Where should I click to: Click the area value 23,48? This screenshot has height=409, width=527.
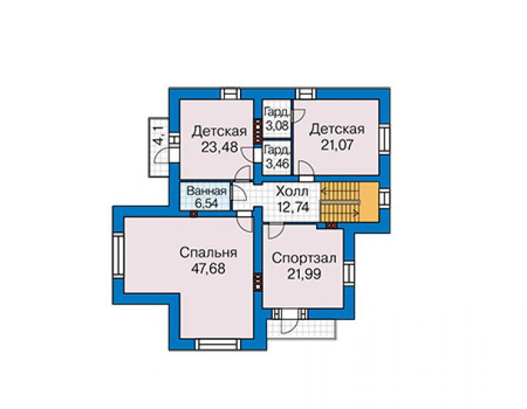coord(219,147)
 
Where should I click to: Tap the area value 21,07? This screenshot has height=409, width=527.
coord(337,145)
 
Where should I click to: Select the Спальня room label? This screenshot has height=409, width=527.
coord(209,253)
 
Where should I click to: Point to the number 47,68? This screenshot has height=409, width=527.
coord(209,269)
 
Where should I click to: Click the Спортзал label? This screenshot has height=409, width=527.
coord(304,258)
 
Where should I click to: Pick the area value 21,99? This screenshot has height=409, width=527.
coord(304,274)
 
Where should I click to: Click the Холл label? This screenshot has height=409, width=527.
coord(292,192)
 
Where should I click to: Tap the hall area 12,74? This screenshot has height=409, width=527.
coord(293,207)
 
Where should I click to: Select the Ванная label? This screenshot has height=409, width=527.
coord(207,191)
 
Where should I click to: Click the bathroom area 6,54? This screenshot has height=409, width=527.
coord(207,203)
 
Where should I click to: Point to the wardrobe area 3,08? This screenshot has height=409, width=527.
coord(277,126)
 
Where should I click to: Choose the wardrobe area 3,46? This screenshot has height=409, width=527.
coord(277,164)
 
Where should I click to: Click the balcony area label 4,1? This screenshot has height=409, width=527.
coord(160,135)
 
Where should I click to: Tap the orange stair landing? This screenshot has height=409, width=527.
coord(369,202)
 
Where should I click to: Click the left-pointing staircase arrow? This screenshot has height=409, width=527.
coord(340,192)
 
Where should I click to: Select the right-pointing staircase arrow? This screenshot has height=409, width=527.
coord(340,212)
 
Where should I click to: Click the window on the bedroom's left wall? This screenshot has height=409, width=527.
coord(118,255)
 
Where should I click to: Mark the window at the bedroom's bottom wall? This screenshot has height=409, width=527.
coord(218,345)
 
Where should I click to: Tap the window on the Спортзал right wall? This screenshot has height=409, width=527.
coord(349,272)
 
